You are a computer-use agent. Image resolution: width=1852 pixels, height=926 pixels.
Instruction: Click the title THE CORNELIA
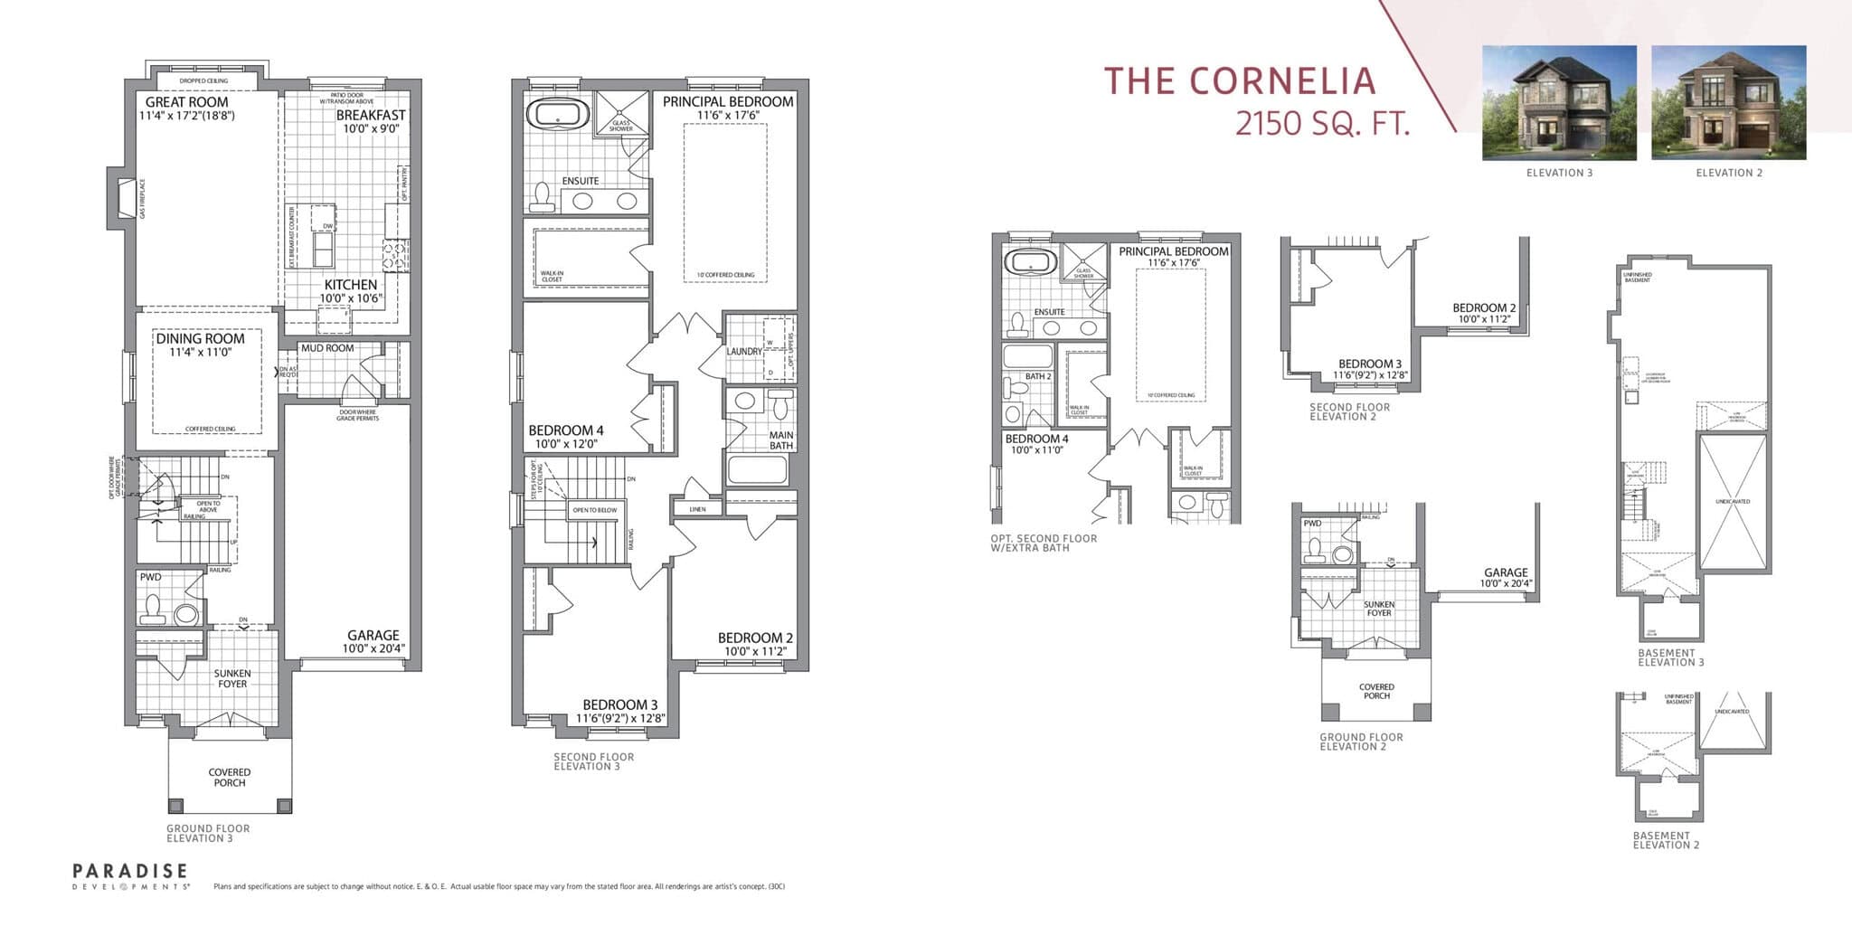point(1239,81)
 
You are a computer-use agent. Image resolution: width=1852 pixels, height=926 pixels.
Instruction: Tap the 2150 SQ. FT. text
point(1322,123)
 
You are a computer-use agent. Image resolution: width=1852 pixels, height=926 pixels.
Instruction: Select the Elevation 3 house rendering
point(1559,103)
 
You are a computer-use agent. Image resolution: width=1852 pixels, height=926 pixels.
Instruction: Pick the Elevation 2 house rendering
point(1728,103)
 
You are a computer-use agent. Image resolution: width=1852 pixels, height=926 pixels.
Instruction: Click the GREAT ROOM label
point(187,102)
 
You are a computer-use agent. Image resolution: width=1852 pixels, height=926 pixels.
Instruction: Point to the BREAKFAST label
point(371,116)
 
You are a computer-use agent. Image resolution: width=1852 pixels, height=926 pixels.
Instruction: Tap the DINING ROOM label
point(200,339)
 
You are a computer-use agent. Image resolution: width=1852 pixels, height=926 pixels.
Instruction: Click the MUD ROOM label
point(327,348)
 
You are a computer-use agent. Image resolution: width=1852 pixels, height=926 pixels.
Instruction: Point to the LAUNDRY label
point(743,352)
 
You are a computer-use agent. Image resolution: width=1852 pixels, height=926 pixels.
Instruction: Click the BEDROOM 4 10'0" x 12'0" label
point(565,437)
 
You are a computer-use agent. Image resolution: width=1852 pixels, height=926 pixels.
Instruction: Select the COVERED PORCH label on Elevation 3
point(230,778)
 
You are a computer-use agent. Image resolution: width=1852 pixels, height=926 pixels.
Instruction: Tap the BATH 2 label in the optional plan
point(1037,376)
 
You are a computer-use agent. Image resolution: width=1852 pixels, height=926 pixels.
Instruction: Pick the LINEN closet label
point(697,509)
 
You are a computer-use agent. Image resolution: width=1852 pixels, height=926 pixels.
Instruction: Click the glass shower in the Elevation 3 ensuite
point(621,114)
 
